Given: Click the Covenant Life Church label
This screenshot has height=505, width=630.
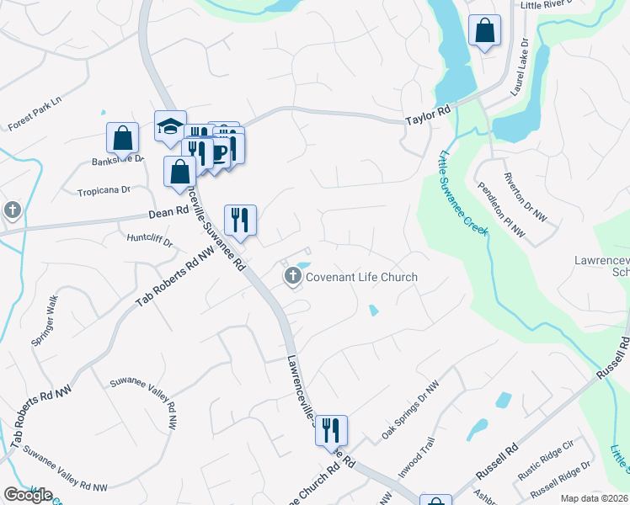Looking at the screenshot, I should pyautogui.click(x=361, y=277).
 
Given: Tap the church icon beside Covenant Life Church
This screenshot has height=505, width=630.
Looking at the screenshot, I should pyautogui.click(x=293, y=275).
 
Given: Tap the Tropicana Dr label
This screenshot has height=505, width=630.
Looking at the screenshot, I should pyautogui.click(x=104, y=190).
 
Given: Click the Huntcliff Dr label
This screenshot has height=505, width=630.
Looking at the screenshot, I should pyautogui.click(x=151, y=242).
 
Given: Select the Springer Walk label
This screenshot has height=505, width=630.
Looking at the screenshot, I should pyautogui.click(x=43, y=312).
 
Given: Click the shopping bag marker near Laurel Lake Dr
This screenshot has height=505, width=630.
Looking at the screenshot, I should pyautogui.click(x=485, y=31).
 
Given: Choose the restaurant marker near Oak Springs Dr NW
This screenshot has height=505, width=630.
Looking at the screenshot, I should pyautogui.click(x=331, y=429).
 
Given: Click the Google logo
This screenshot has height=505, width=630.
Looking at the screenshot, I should pyautogui.click(x=29, y=495).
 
